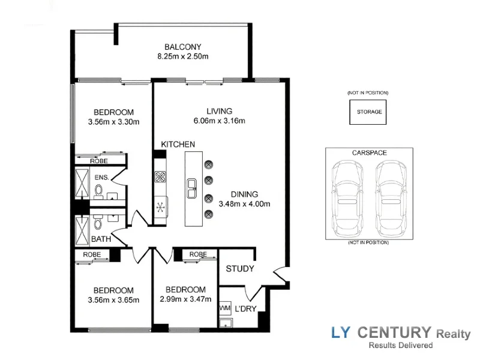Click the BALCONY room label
point(183,47)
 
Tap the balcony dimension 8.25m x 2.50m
point(183,57)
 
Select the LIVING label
point(219,111)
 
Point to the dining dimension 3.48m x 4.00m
point(245,204)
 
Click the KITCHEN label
point(178,144)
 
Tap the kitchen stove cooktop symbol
point(161,176)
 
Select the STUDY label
point(240,269)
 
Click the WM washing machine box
point(226,308)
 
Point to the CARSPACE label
point(369,153)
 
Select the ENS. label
point(101,178)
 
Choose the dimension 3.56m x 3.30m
point(113,122)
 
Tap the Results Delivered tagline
point(400,346)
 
